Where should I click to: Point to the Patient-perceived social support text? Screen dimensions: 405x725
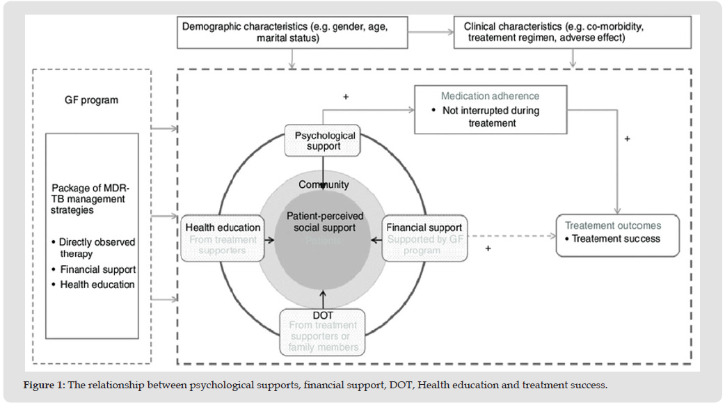(x=325, y=222)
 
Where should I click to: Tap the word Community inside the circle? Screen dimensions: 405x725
(x=324, y=184)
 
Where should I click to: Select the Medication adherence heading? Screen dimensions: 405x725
(x=490, y=96)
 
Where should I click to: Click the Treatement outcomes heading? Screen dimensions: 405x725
(x=613, y=225)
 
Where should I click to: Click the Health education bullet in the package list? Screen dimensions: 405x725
(x=97, y=284)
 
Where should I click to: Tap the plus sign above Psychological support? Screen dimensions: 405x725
(x=346, y=97)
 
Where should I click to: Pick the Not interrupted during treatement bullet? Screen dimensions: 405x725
(x=490, y=116)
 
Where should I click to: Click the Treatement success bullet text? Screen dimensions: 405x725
(x=616, y=238)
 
